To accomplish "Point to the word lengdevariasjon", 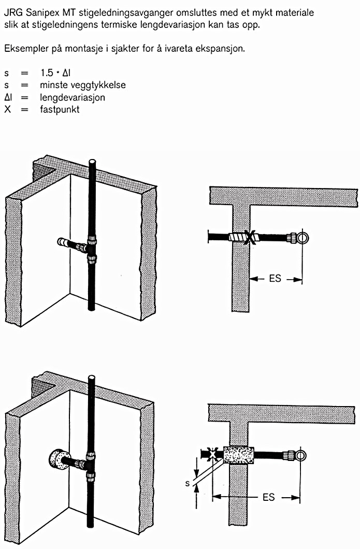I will click(x=73, y=97).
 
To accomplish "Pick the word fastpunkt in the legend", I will click(x=60, y=109).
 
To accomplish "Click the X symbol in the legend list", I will click(x=7, y=109).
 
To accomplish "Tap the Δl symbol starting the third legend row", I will click(x=8, y=97).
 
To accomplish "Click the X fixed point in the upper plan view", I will click(x=250, y=237).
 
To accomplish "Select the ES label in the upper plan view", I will click(x=275, y=279).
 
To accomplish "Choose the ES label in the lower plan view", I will click(x=268, y=498).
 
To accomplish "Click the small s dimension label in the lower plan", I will click(x=188, y=484).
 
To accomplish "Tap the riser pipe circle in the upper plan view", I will click(x=304, y=238).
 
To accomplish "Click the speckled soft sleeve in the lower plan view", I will click(x=238, y=455).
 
